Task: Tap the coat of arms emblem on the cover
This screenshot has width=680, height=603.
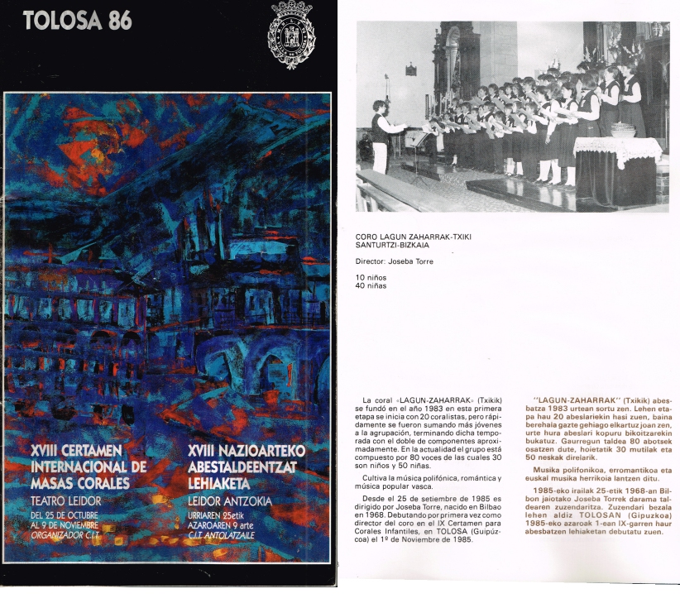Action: pos(291,36)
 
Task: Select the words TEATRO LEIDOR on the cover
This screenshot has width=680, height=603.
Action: pos(65,500)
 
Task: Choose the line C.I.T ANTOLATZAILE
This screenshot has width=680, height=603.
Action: pos(231,536)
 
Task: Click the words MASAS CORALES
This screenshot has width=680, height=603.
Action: pos(79,482)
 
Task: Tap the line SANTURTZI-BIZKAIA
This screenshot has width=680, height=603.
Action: pos(394,244)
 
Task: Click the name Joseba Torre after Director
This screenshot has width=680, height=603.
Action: pos(411,261)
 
